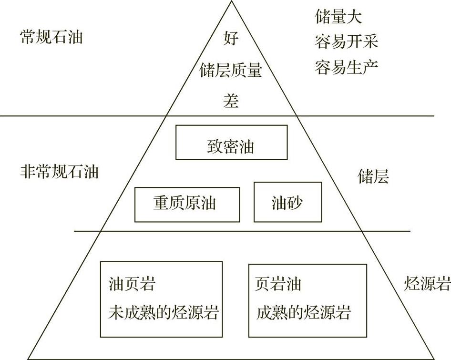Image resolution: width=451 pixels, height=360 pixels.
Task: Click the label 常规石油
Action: (51, 37)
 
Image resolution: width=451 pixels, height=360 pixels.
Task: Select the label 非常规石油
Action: (60, 171)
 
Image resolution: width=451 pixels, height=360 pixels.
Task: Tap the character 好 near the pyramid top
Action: (231, 38)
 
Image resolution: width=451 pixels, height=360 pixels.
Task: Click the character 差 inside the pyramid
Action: (231, 101)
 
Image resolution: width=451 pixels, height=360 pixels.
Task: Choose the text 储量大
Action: (338, 18)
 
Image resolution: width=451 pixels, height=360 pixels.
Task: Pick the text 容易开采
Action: (347, 42)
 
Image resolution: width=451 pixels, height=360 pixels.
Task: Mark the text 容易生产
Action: (347, 67)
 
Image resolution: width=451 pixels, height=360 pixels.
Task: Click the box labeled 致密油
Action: (231, 143)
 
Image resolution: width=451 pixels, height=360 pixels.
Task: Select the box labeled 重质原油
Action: (187, 205)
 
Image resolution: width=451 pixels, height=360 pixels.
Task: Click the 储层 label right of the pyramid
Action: (373, 177)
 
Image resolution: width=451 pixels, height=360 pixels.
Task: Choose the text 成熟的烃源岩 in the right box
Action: (304, 313)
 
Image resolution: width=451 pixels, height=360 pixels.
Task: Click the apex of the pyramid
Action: (232, 1)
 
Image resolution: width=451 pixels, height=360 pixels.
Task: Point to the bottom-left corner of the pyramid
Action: (28, 359)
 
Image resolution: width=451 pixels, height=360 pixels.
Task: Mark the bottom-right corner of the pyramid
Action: (435, 359)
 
